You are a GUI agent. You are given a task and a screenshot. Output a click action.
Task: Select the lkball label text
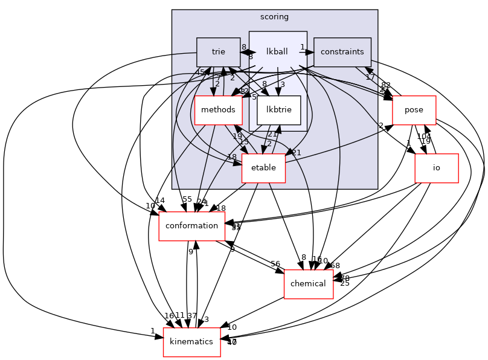pos(277,52)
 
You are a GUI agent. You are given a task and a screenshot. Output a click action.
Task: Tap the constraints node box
pos(342,52)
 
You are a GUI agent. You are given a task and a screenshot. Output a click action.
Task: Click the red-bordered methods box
pos(218,110)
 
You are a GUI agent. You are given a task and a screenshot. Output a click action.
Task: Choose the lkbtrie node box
pos(278,110)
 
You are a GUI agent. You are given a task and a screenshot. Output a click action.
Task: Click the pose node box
pos(414,110)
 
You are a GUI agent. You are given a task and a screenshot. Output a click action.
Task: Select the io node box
pos(436,168)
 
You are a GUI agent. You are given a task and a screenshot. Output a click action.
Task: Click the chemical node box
pos(309,284)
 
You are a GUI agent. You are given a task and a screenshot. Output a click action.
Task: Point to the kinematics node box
pos(191,342)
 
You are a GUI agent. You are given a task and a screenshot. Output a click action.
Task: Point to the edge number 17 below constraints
pos(370,77)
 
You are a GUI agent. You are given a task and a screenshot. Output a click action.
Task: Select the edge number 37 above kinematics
pos(193,316)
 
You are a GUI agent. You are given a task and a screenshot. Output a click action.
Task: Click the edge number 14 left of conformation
pos(160,200)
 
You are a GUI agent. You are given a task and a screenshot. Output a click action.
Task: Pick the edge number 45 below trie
pos(200,72)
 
